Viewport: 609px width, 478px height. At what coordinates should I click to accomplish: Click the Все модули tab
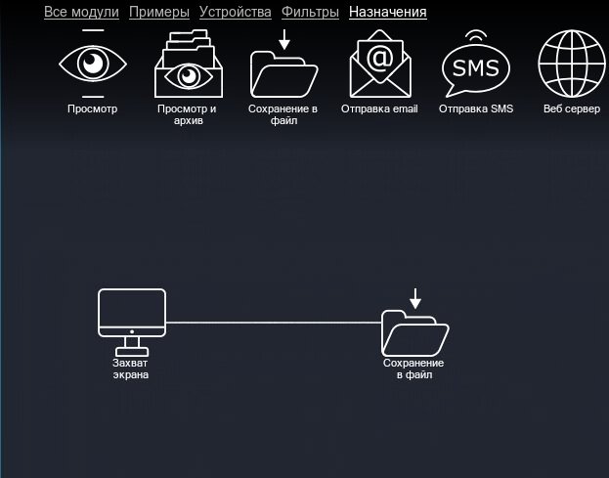click(81, 13)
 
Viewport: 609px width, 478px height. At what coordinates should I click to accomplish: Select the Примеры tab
click(159, 13)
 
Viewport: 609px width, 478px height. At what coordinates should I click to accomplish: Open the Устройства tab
click(235, 13)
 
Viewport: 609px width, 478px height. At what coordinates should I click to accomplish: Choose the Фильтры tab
click(310, 13)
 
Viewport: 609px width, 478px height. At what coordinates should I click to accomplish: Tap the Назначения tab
click(387, 13)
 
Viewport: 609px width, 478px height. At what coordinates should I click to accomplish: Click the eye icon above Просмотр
click(93, 64)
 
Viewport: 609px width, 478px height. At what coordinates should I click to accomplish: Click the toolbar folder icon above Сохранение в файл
click(284, 71)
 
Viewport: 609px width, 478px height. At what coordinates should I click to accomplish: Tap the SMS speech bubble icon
click(476, 68)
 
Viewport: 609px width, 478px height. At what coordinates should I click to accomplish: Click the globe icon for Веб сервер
click(571, 65)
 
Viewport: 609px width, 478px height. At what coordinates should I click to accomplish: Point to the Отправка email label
click(379, 109)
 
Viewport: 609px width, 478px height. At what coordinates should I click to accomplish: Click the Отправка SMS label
click(476, 109)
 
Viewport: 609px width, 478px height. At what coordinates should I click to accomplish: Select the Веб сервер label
click(572, 109)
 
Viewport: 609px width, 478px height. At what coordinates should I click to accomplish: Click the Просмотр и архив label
click(187, 115)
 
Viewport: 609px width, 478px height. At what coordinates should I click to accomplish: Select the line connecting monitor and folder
click(274, 322)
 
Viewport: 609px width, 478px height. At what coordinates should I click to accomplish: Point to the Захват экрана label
click(131, 369)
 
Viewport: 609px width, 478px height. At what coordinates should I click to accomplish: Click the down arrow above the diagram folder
click(415, 298)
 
